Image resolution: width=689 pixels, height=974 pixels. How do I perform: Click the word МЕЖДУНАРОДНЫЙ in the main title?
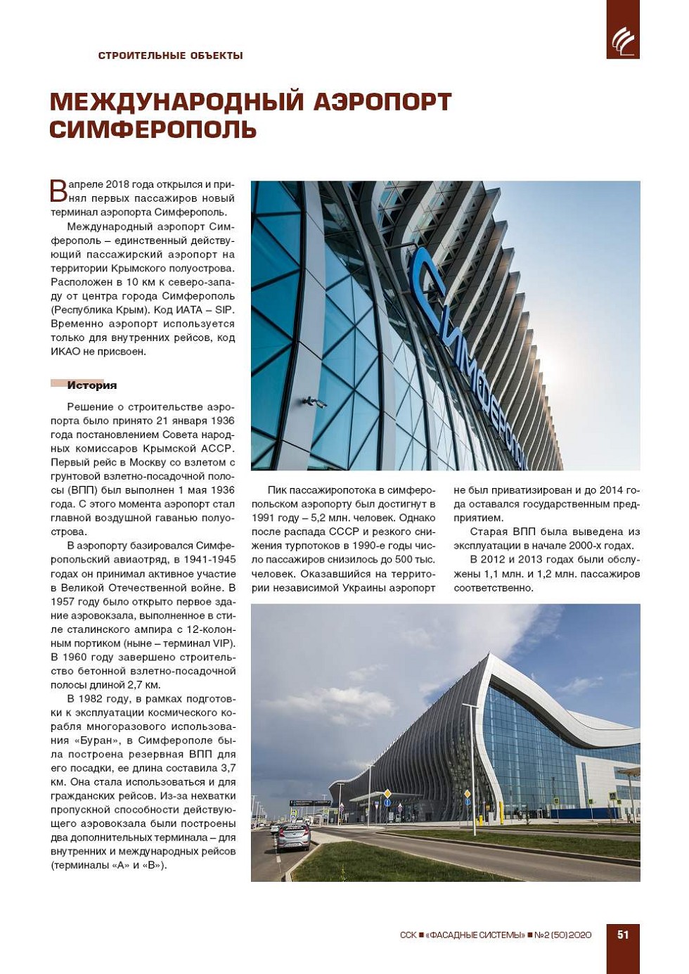tap(176, 102)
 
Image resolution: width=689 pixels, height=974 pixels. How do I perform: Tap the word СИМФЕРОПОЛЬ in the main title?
tap(153, 130)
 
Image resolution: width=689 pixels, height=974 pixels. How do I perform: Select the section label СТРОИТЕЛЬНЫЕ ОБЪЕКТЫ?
tap(170, 56)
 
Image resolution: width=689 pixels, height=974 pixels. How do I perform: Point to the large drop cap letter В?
tap(58, 190)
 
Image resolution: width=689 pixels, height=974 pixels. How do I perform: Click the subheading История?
tap(91, 385)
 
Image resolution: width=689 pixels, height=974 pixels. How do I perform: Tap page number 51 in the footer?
tap(623, 935)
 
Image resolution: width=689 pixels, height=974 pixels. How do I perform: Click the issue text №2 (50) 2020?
tap(563, 935)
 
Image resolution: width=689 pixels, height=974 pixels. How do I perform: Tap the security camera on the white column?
tap(314, 402)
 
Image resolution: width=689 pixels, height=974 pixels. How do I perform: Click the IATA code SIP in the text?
tap(224, 310)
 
